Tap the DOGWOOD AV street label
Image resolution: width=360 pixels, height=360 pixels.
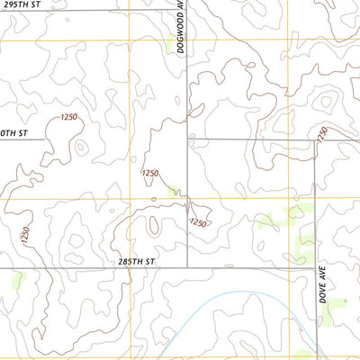point(181,27)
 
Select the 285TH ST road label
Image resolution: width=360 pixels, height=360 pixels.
point(137,261)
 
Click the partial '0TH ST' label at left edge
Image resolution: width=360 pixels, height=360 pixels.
point(14,133)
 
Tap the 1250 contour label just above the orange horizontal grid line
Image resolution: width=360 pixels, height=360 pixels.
point(150,173)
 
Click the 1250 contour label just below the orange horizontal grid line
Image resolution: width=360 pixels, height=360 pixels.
point(198,222)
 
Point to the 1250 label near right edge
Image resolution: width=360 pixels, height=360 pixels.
point(322,133)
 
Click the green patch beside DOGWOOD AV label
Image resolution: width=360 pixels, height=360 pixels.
point(171,40)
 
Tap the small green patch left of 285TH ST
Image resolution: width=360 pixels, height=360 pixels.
point(16,282)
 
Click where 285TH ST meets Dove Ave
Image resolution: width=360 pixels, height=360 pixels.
point(315,268)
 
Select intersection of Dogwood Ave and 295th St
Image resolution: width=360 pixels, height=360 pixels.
point(187,11)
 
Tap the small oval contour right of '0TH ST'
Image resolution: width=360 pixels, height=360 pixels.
point(80,147)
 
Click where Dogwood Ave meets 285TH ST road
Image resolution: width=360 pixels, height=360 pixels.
point(187,267)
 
